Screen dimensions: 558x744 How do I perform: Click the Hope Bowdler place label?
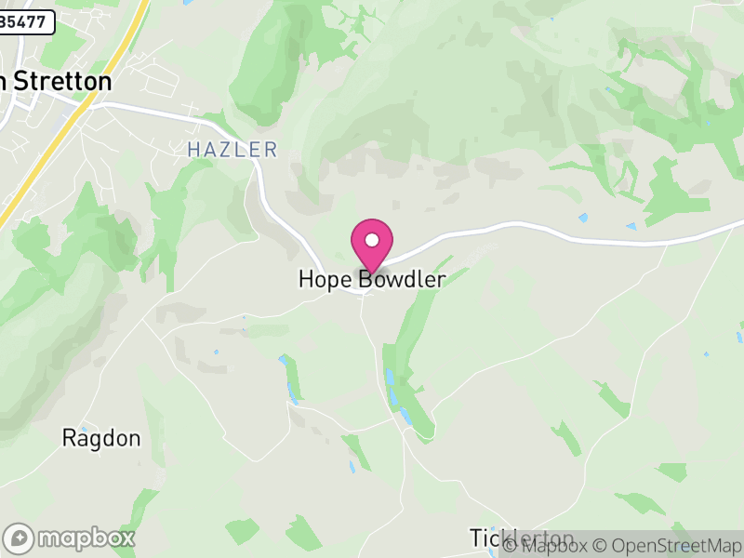372,279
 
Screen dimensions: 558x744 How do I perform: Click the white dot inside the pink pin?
372,239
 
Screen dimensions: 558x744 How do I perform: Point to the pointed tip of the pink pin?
372,272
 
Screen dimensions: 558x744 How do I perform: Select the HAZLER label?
232,149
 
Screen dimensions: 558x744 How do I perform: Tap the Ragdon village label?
101,438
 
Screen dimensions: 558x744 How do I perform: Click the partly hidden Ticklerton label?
521,538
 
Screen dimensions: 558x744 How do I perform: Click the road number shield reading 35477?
26,23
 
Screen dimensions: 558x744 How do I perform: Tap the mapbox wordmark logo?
84,538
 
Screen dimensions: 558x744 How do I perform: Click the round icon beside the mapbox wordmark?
20,538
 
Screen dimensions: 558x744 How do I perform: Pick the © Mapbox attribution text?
551,546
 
